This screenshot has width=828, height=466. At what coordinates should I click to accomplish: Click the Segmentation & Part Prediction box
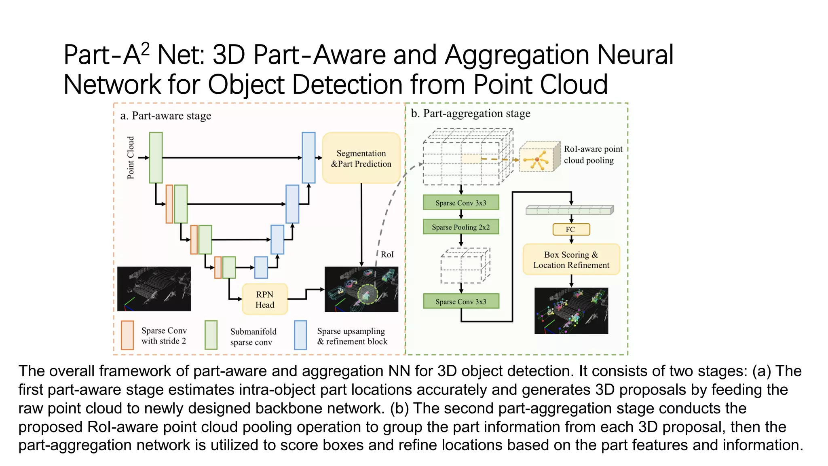tap(361, 158)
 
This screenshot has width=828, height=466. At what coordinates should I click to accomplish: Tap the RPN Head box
tap(265, 299)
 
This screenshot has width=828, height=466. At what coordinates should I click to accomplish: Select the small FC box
tap(571, 229)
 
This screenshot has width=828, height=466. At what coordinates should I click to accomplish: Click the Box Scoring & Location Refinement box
tap(571, 260)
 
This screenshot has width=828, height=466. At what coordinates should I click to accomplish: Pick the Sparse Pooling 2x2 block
tap(460, 227)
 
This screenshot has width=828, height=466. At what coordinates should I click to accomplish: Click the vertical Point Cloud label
tap(131, 158)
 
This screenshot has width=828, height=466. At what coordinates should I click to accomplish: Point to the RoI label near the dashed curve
tap(387, 254)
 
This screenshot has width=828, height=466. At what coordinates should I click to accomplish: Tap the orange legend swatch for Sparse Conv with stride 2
tap(127, 335)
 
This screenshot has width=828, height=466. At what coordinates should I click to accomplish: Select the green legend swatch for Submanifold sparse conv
tap(211, 335)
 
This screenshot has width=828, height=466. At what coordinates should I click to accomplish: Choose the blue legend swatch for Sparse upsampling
tap(300, 335)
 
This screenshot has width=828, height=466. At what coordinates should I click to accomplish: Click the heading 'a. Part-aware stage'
tap(166, 116)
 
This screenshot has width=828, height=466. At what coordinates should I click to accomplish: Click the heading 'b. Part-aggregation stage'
tap(470, 114)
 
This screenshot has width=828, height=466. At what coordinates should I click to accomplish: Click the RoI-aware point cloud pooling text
tap(592, 155)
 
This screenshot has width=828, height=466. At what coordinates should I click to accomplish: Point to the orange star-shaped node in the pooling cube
tap(537, 160)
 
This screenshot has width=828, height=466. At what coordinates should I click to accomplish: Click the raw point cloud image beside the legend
tap(154, 289)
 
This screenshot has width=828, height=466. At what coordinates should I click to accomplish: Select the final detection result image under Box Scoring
tap(571, 311)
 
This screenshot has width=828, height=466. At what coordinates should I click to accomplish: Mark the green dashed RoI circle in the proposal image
tap(368, 294)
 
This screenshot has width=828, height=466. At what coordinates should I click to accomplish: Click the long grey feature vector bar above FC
tap(569, 210)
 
